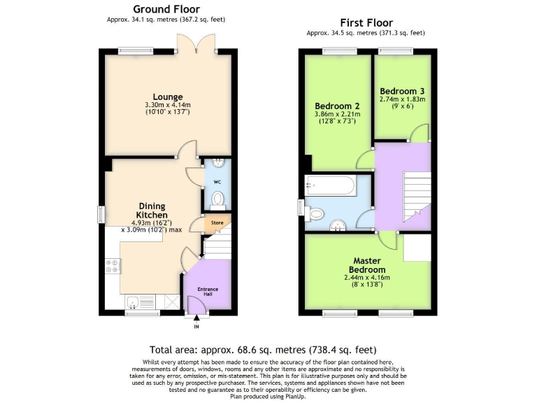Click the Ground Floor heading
tap(167, 9)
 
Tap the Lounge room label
tap(169, 97)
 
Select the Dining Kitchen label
tap(151, 211)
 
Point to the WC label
tap(217, 184)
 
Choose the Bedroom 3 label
tap(402, 91)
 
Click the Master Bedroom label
tap(368, 265)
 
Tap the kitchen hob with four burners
tap(113, 266)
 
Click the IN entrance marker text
tap(196, 327)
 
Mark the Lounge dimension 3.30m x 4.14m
tap(169, 105)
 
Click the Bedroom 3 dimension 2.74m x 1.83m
tap(402, 99)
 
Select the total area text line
tap(268, 350)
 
